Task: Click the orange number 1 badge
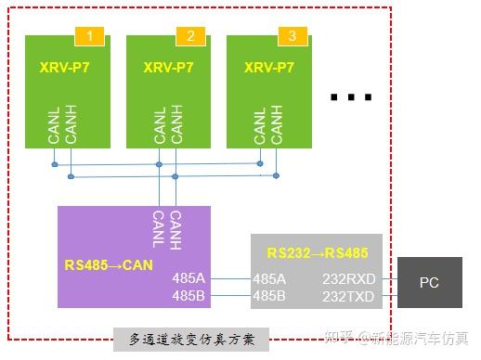[x=89, y=36]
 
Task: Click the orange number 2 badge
[x=190, y=36]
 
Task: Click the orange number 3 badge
[x=292, y=36]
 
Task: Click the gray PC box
[x=430, y=282]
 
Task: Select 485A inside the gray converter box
[x=269, y=278]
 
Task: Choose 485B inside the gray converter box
[x=269, y=296]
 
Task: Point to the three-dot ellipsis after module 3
[x=351, y=97]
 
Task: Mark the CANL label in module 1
[x=54, y=125]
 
